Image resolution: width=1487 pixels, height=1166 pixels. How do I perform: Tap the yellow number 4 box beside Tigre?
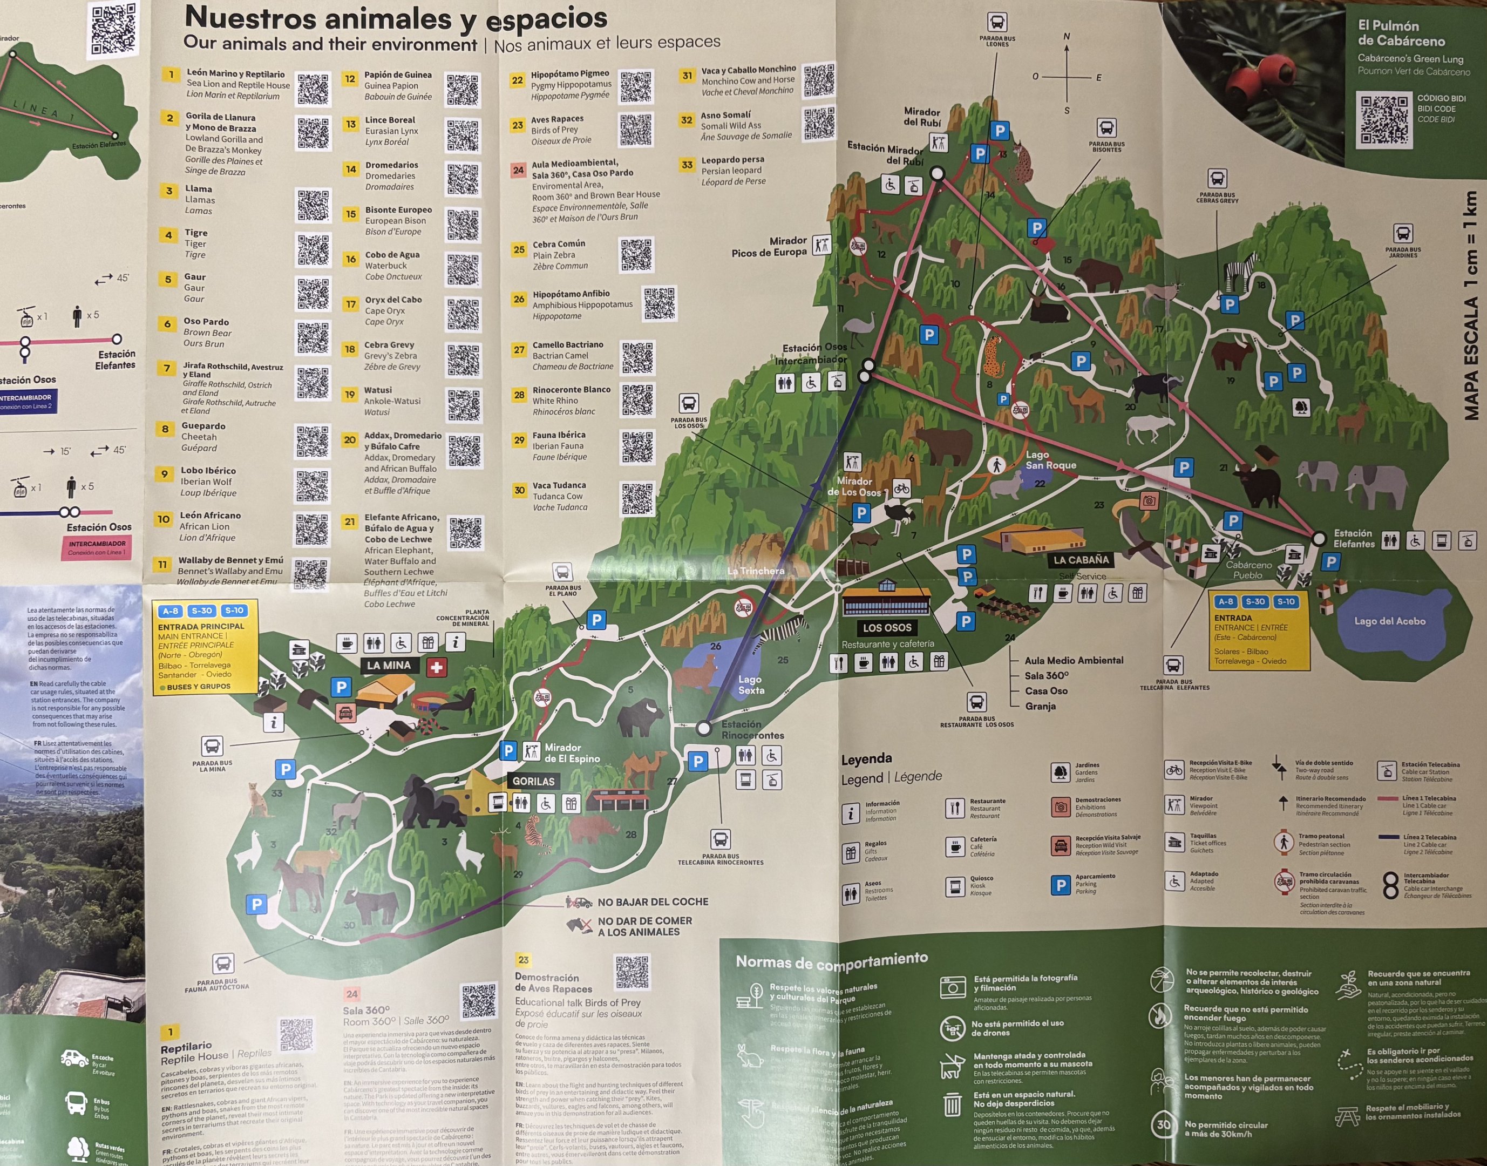pos(168,235)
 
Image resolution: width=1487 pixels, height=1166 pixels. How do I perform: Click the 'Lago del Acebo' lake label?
pos(1389,621)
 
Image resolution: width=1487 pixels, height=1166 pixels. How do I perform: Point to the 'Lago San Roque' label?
pos(1050,459)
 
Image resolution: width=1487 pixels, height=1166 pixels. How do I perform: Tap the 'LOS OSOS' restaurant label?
pos(886,627)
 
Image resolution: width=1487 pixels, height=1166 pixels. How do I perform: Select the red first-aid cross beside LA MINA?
pos(436,667)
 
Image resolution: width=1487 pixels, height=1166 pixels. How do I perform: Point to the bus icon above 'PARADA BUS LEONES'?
pos(997,22)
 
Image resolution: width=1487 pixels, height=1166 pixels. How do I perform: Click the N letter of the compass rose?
pos(1067,37)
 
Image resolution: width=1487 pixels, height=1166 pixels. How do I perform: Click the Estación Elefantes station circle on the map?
pos(1319,538)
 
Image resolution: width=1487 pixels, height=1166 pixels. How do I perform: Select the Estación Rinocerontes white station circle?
pos(704,728)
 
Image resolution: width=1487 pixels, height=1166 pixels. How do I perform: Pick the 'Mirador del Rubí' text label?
pos(921,117)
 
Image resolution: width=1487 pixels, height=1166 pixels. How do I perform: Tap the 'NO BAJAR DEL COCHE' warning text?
pos(653,902)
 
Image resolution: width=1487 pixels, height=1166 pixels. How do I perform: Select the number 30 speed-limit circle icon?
pos(1163,1124)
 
